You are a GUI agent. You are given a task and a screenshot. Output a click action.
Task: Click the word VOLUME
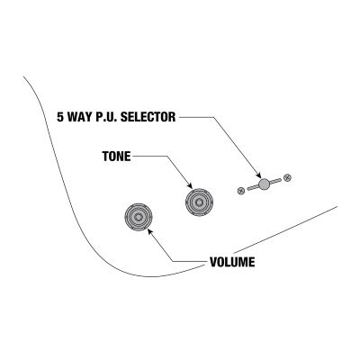coord(232,262)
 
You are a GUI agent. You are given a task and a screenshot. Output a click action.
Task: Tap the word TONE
coord(117,157)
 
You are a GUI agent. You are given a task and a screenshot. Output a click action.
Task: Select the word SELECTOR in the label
coord(148,117)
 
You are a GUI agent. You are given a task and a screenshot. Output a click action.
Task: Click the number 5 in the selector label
coord(60,117)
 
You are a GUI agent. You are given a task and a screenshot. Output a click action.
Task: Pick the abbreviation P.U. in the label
coord(106,117)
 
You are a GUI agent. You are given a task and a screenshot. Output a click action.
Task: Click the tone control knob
coord(199,202)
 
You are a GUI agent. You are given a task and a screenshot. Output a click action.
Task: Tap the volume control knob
coord(139,217)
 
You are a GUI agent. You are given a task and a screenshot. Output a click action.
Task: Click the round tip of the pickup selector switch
coord(264,184)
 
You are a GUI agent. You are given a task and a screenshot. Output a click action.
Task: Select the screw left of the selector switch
coord(240,191)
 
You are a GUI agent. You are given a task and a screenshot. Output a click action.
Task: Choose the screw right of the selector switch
coord(287,177)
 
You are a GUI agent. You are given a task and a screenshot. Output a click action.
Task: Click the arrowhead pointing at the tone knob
coord(190,185)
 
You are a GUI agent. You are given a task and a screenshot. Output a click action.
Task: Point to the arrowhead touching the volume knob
coord(150,231)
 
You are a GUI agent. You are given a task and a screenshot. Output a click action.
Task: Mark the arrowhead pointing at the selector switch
coord(259,175)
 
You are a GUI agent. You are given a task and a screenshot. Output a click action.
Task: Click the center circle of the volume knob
coord(139,217)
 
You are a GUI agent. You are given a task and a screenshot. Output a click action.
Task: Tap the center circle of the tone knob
coord(199,202)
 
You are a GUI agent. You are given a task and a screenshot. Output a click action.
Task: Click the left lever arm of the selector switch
coord(253,187)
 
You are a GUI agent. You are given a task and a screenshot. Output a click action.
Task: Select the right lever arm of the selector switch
coord(275,181)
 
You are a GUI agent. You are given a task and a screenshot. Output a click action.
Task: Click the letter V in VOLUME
coord(213,262)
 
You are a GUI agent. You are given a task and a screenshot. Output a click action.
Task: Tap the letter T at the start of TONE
coord(105,157)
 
